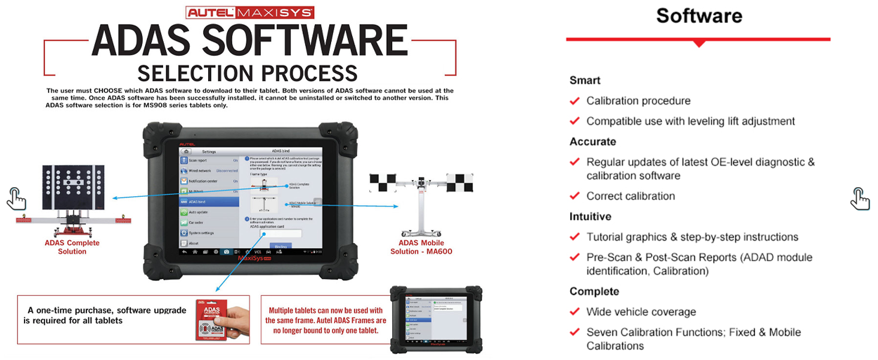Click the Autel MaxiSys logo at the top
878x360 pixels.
[249, 12]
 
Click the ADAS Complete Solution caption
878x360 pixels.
[72, 247]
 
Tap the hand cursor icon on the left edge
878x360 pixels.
[16, 198]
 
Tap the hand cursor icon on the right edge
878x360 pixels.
[860, 198]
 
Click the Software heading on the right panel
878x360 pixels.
[699, 16]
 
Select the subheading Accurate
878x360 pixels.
[593, 142]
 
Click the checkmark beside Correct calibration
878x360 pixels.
[575, 196]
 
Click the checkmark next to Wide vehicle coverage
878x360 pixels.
[575, 311]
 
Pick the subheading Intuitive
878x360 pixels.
[590, 217]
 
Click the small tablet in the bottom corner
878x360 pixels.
[436, 318]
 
